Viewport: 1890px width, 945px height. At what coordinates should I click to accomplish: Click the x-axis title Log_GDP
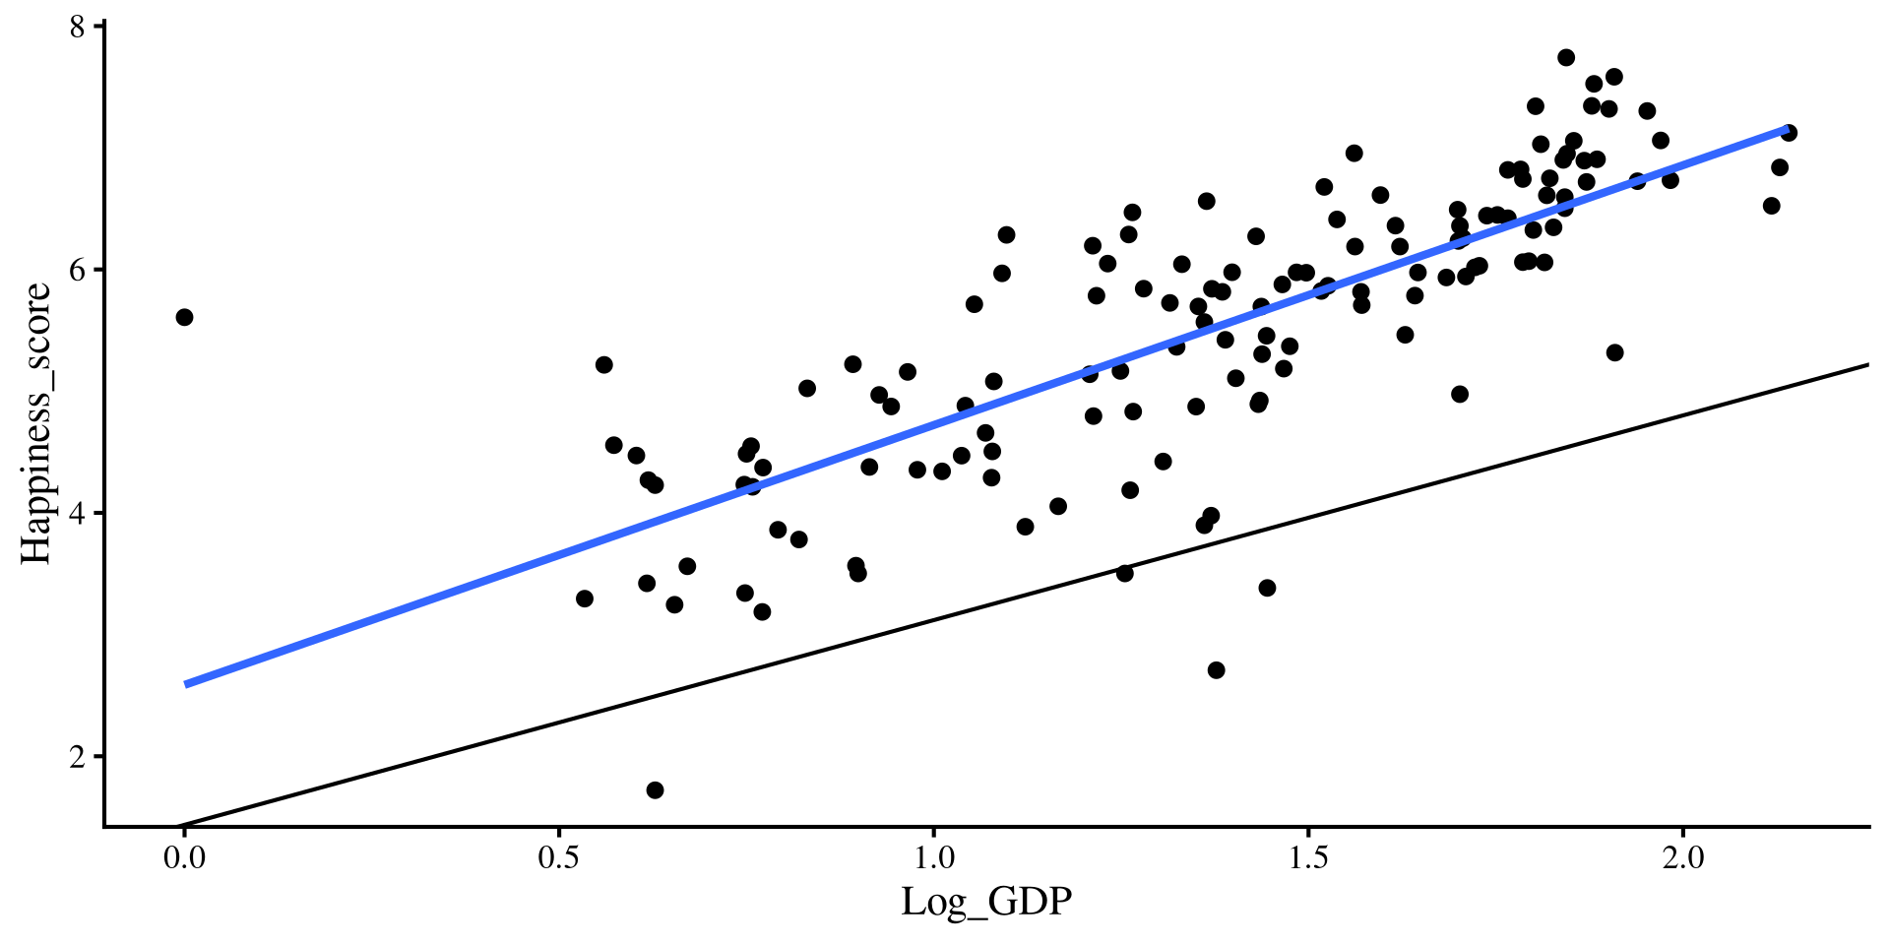[985, 902]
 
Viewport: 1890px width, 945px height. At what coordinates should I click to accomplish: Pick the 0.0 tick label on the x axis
[184, 859]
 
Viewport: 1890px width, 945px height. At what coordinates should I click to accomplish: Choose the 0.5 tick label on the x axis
[559, 859]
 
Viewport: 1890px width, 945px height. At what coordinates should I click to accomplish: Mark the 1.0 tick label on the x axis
[933, 859]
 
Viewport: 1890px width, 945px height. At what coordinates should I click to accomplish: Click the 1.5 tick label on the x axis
[1308, 859]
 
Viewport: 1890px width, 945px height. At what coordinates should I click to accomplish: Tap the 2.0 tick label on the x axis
[1683, 859]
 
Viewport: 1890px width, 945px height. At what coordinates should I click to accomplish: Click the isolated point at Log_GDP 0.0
[184, 317]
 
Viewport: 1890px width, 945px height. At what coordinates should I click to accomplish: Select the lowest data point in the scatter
[655, 790]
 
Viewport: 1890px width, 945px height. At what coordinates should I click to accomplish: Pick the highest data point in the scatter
[1566, 57]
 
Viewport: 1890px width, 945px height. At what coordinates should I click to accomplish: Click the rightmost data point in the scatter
[1789, 133]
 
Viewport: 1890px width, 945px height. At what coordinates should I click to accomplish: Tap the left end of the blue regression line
[186, 683]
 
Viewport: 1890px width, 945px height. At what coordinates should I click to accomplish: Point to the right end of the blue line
[1787, 129]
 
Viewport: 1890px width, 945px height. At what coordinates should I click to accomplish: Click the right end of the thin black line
[1867, 365]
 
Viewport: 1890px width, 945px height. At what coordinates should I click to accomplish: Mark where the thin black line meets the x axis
[179, 826]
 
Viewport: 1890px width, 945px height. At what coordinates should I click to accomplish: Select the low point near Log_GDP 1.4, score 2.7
[1216, 670]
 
